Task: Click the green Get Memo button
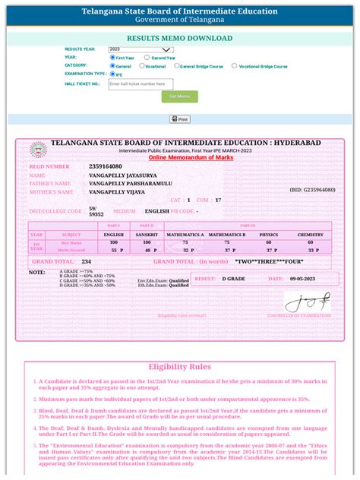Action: coord(179,96)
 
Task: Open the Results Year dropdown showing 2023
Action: coord(141,49)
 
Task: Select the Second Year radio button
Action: coord(149,58)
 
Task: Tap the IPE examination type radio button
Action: coord(112,74)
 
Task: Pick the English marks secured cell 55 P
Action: coord(116,249)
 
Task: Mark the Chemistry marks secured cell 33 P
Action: coord(311,249)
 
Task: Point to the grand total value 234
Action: coord(87,261)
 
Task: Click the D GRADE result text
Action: coord(234,279)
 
